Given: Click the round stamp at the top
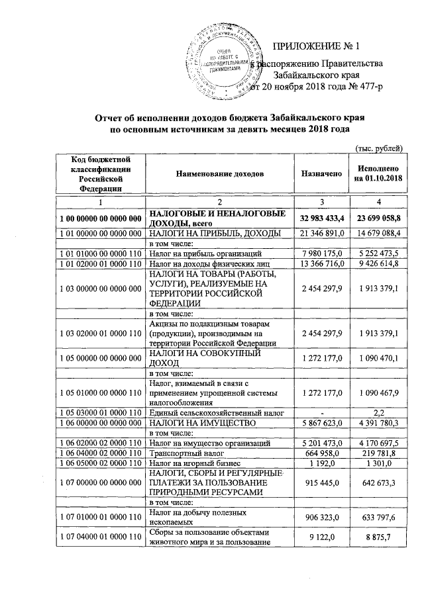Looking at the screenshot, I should click(226, 58).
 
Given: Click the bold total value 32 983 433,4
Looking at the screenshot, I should click(321, 218).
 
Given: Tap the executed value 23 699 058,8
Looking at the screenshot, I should click(378, 218).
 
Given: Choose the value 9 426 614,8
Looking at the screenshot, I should click(378, 265).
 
